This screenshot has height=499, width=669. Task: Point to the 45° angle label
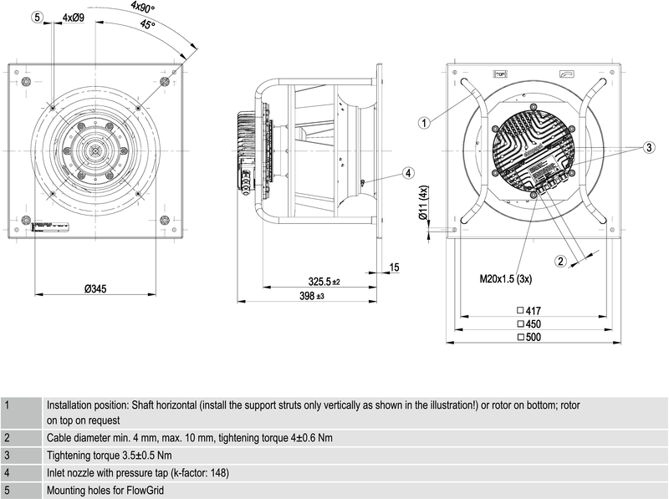coord(148,25)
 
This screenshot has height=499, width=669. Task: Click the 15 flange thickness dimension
coord(395,267)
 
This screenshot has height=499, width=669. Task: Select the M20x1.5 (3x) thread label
coord(506,278)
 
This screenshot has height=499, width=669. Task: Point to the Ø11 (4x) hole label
coord(424,204)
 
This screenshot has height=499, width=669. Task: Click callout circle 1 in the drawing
coord(425,123)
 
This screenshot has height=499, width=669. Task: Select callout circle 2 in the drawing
coord(562,261)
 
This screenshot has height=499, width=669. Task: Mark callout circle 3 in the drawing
coord(648,147)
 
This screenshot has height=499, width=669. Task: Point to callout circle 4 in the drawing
coord(407,173)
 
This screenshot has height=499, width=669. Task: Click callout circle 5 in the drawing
coord(38,18)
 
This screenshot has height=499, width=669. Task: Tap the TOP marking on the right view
coord(501,74)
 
